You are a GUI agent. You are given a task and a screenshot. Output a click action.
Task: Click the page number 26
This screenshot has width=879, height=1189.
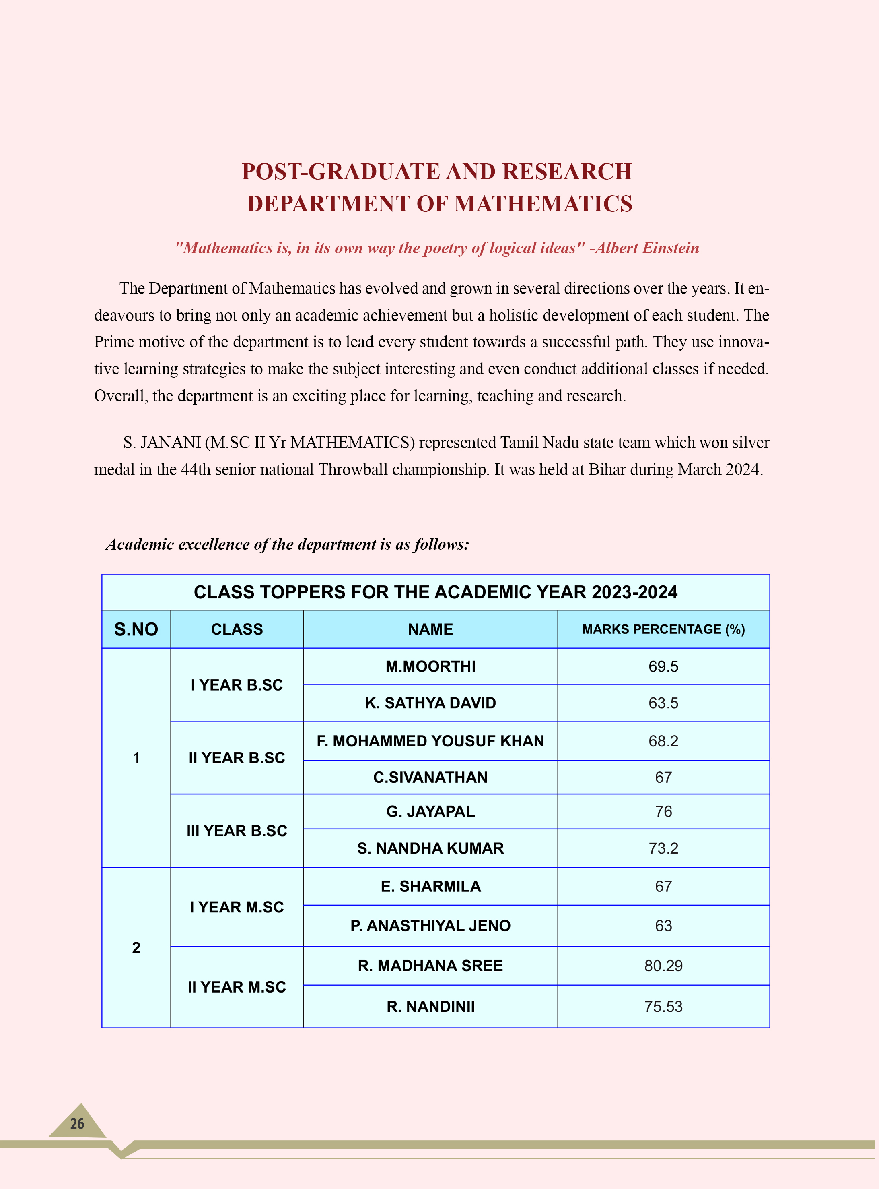pos(77,1123)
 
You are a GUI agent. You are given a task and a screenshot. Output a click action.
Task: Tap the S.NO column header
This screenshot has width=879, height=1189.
pos(136,629)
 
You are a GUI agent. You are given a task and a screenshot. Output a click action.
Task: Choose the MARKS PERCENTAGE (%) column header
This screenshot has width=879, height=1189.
pos(663,629)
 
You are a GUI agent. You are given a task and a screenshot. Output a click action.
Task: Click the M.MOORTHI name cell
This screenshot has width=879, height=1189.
pos(430,667)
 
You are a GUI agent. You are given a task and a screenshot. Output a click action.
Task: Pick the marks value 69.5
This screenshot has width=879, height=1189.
pos(663,667)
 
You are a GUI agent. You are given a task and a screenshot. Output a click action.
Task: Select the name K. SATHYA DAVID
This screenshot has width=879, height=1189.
pos(430,703)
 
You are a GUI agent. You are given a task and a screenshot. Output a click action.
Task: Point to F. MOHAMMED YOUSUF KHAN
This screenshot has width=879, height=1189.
pos(430,741)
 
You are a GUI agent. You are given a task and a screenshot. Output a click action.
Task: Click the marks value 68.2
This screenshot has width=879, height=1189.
pos(663,741)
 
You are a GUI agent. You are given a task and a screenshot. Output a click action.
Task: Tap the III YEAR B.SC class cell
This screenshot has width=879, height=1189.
pos(237,831)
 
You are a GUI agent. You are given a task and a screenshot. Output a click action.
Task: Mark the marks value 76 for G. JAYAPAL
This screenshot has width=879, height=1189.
pos(663,811)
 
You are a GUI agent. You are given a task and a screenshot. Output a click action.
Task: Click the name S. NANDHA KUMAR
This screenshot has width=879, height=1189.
pos(430,848)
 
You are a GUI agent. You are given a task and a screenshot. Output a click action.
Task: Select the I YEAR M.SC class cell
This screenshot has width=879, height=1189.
pos(237,907)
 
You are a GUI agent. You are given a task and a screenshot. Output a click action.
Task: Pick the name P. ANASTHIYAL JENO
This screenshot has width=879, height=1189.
pos(430,926)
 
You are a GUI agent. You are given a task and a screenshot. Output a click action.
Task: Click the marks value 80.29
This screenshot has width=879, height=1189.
pos(663,966)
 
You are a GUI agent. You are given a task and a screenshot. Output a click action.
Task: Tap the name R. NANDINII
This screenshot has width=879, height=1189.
pos(430,1007)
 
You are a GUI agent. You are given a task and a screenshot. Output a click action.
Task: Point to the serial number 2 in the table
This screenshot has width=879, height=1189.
pos(136,948)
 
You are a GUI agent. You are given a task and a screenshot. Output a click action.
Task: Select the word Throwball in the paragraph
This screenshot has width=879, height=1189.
pos(353,469)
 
